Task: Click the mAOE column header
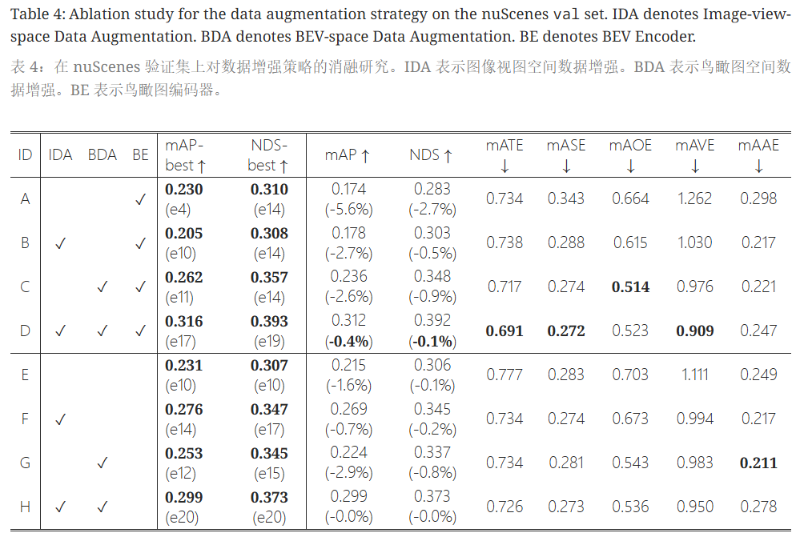[x=630, y=146]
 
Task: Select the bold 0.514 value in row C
[x=630, y=287]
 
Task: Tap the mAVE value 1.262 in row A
[x=694, y=198]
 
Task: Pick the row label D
[x=25, y=331]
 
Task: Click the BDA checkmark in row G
[x=102, y=463]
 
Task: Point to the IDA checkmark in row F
[x=60, y=419]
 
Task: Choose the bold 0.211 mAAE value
[x=758, y=463]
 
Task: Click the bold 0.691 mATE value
[x=504, y=331]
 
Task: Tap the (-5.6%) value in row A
[x=349, y=210]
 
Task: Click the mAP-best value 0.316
[x=184, y=322]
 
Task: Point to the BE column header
[x=140, y=154]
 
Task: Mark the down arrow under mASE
[x=566, y=166]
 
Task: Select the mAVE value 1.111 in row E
[x=694, y=375]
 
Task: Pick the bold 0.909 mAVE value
[x=694, y=331]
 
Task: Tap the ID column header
[x=25, y=154]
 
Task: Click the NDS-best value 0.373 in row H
[x=269, y=498]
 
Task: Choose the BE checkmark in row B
[x=140, y=242]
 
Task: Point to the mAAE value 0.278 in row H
[x=758, y=507]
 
